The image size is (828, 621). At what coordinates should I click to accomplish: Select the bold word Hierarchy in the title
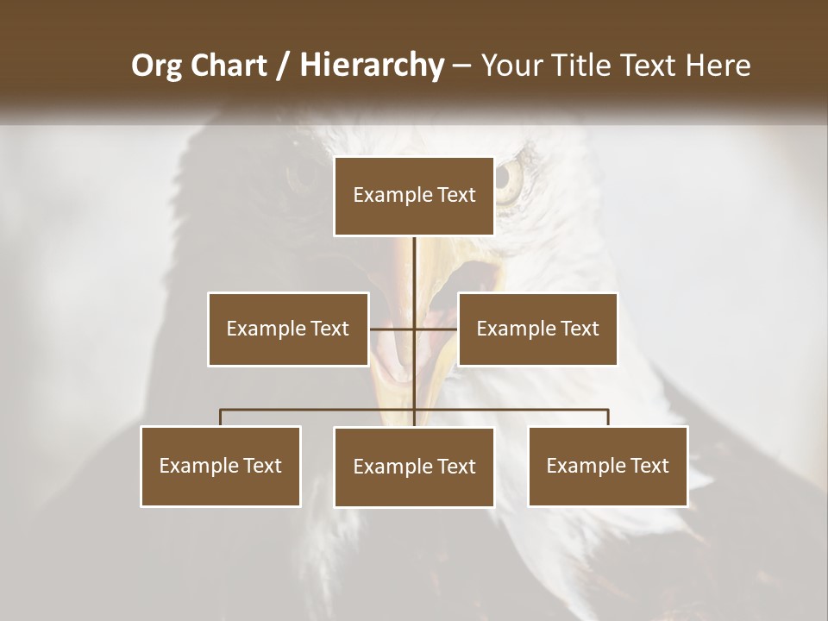click(371, 66)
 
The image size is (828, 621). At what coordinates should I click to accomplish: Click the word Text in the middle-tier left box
click(329, 329)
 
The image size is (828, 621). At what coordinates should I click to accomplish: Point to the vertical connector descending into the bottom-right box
click(608, 418)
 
